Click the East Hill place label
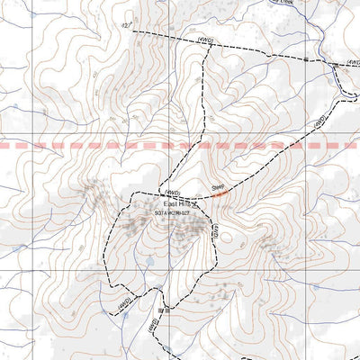coord(168,206)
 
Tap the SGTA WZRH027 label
coord(172,214)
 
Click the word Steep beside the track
coord(218,186)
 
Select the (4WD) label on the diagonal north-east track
coord(319,122)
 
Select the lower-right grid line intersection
coord(305,269)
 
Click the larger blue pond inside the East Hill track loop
coord(150,263)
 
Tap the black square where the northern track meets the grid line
coord(307,58)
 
